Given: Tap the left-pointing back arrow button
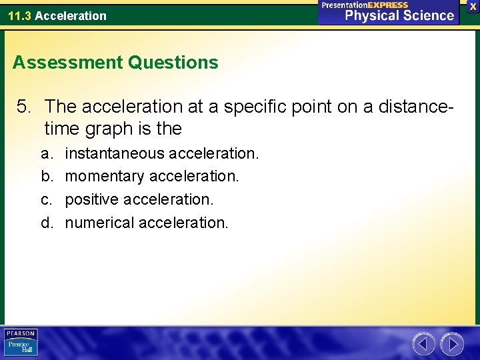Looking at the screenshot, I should click(423, 344).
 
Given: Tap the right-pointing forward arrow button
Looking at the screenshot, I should click(452, 344).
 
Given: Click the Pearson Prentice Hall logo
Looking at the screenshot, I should click(21, 343).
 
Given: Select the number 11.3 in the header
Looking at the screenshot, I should click(20, 15).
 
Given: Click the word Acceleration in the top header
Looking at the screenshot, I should click(71, 15).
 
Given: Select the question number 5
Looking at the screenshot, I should click(25, 106).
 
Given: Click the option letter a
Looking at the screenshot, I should click(45, 153).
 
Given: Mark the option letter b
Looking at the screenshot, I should click(45, 176).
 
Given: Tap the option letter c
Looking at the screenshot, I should click(45, 199).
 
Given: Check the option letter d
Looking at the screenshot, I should click(45, 222).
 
